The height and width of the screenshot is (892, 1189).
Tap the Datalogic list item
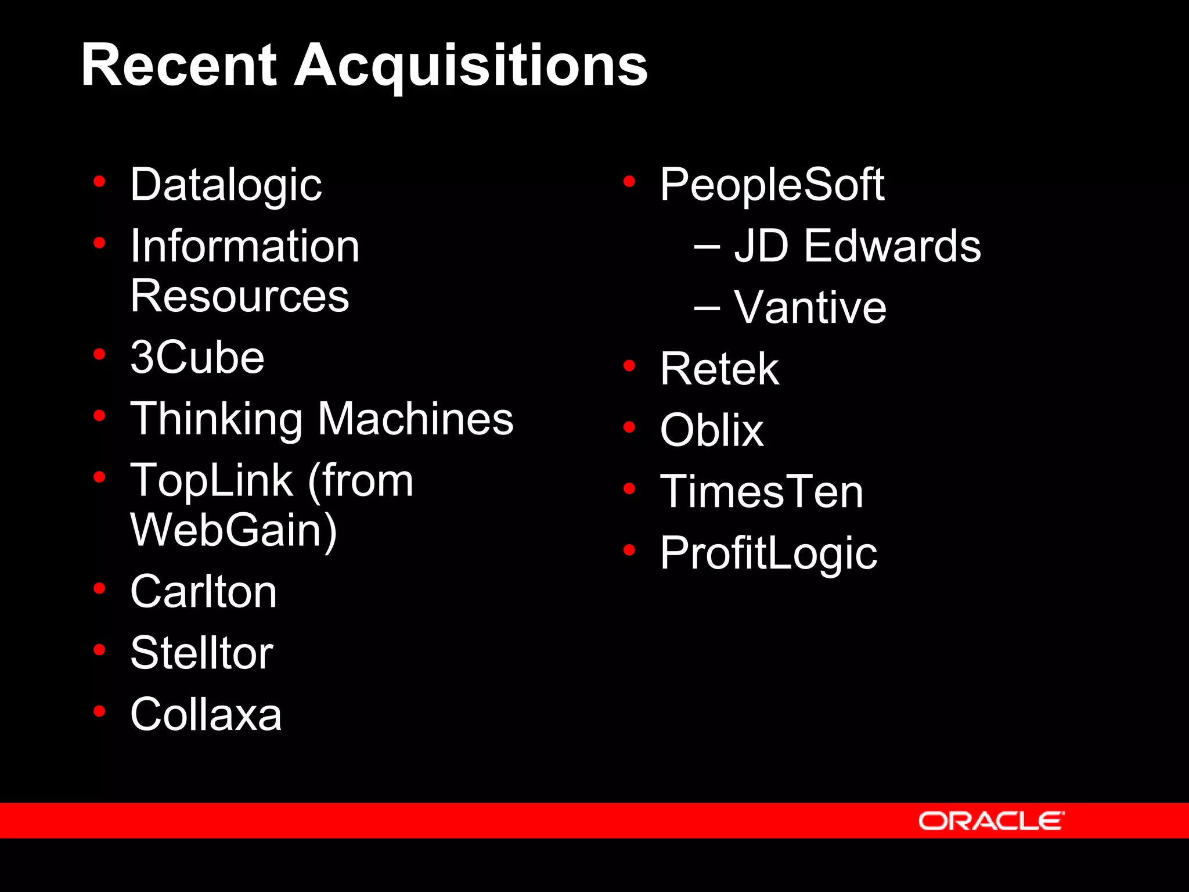[226, 185]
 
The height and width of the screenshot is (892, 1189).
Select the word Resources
[240, 296]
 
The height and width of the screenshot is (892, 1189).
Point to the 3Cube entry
[197, 357]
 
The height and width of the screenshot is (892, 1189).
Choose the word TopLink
[212, 481]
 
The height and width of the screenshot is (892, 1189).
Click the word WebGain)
[233, 531]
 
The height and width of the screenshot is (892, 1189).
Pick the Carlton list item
[203, 592]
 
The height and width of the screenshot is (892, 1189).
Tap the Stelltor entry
[201, 653]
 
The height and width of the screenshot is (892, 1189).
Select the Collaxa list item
[206, 714]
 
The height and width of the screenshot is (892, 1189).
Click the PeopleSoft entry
[772, 185]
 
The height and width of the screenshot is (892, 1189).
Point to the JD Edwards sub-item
[857, 246]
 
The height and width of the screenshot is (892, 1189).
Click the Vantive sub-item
[810, 307]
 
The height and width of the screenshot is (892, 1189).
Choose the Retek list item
[719, 369]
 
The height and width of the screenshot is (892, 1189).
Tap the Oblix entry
[712, 430]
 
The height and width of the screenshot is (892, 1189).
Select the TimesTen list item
[762, 492]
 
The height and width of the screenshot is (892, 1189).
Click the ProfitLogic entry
[769, 553]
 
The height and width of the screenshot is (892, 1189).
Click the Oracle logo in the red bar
[991, 821]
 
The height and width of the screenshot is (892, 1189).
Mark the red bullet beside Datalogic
[99, 182]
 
